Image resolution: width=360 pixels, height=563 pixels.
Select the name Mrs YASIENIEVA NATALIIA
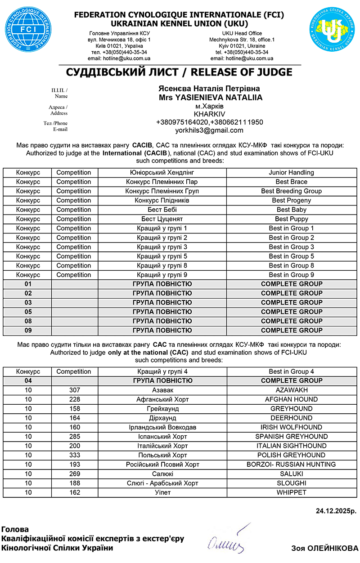pyautogui.click(x=210, y=98)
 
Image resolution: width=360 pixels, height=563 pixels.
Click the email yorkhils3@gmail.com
pyautogui.click(x=209, y=130)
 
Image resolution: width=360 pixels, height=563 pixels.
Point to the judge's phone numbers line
pyautogui.click(x=209, y=122)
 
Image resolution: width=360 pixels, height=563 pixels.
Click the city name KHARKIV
pyautogui.click(x=209, y=114)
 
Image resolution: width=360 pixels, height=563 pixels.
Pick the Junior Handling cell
pyautogui.click(x=291, y=172)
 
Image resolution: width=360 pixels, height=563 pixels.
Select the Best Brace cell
pyautogui.click(x=291, y=182)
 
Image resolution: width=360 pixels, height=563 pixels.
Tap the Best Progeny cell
pyautogui.click(x=291, y=201)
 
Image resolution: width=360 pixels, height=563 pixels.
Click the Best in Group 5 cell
pyautogui.click(x=291, y=256)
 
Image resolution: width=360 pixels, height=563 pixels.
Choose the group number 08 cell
pyautogui.click(x=28, y=321)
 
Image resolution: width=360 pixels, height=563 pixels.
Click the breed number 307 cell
pyautogui.click(x=75, y=390)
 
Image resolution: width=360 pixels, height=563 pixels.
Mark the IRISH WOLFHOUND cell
pyautogui.click(x=291, y=427)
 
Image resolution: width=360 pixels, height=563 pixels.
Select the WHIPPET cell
pyautogui.click(x=291, y=492)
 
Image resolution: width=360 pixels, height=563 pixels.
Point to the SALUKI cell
pyautogui.click(x=291, y=474)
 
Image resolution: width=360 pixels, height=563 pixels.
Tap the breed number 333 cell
pyautogui.click(x=75, y=455)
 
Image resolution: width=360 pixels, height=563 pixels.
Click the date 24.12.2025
pyautogui.click(x=336, y=511)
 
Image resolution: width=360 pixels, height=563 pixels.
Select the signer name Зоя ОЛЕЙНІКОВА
pyautogui.click(x=324, y=548)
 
